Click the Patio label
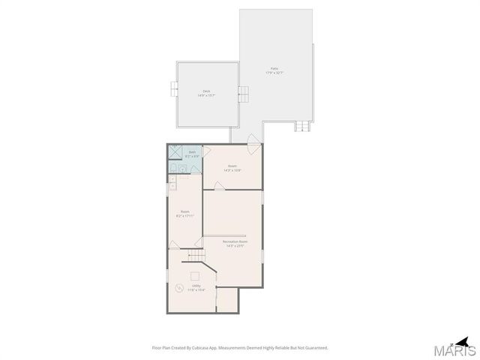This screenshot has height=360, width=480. pyautogui.click(x=274, y=68)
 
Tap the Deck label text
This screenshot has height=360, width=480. pyautogui.click(x=206, y=91)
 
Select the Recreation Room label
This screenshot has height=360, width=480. pyautogui.click(x=235, y=241)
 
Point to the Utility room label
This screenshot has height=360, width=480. pyautogui.click(x=196, y=286)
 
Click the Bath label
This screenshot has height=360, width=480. pyautogui.click(x=192, y=152)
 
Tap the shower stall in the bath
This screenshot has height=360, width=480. pyautogui.click(x=175, y=152)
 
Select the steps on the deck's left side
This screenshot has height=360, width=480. pyautogui.click(x=173, y=91)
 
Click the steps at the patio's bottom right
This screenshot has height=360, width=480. pyautogui.click(x=302, y=126)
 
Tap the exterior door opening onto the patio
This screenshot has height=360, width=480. pyautogui.click(x=254, y=139)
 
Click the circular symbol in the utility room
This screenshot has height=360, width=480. pyautogui.click(x=178, y=288)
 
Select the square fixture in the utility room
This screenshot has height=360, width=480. pyautogui.click(x=196, y=274)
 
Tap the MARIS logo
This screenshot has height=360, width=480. pyautogui.click(x=457, y=349)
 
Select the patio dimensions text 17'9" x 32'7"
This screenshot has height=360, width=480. pyautogui.click(x=274, y=73)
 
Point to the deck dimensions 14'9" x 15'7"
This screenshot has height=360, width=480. pyautogui.click(x=206, y=95)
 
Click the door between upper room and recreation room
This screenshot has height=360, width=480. pyautogui.click(x=219, y=187)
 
